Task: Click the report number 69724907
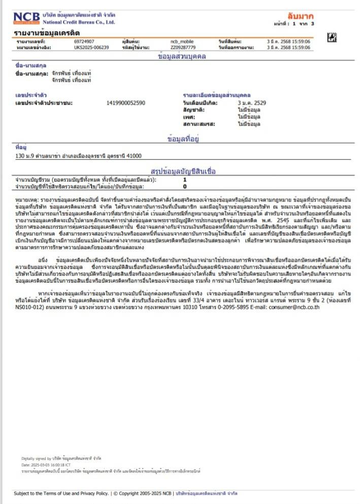84,41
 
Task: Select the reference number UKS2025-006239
91,47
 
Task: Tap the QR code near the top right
333,36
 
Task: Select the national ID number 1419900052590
126,103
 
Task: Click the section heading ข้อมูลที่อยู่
183,139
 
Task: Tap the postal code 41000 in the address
134,156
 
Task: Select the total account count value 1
185,180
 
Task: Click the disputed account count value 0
185,186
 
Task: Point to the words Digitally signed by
37,458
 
